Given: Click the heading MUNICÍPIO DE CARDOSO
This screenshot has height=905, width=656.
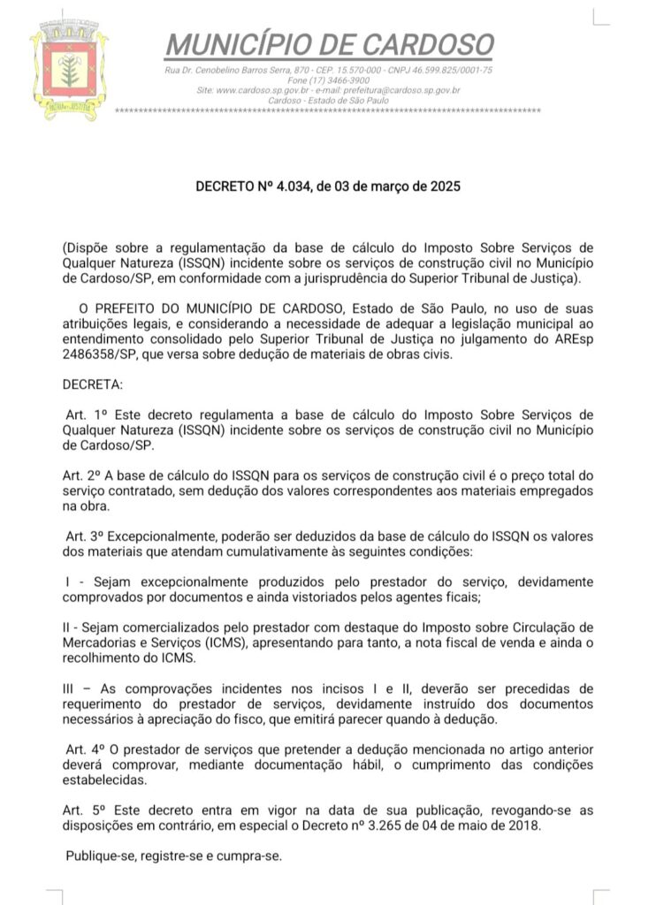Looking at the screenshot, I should click(x=330, y=43).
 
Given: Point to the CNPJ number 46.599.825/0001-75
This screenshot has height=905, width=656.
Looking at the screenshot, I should click(x=450, y=70).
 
